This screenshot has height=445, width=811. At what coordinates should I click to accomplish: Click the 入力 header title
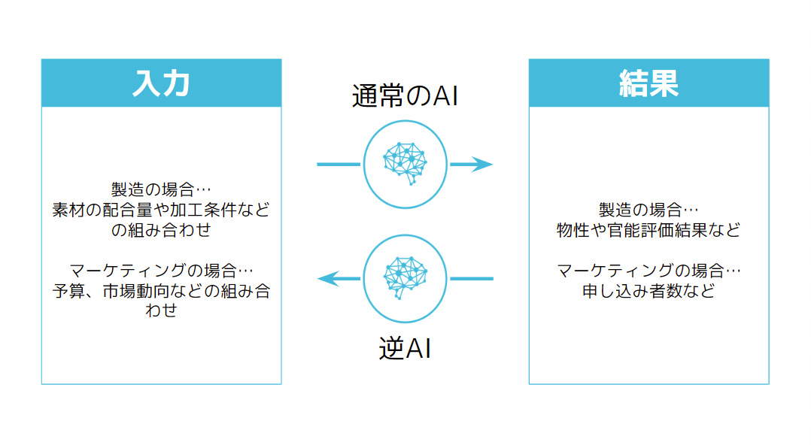161,83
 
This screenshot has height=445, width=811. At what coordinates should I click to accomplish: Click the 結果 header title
648,83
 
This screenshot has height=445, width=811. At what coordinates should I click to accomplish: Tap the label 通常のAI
405,97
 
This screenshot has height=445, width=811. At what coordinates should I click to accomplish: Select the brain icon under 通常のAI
405,164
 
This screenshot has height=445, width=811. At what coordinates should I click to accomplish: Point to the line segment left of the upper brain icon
339,164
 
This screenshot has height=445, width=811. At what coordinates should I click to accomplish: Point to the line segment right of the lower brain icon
472,279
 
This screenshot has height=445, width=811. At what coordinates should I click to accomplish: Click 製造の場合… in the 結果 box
648,210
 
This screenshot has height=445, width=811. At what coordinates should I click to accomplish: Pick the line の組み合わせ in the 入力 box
161,230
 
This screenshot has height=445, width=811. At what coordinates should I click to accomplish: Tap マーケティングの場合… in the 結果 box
648,270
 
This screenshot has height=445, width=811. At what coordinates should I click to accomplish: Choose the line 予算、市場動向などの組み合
161,291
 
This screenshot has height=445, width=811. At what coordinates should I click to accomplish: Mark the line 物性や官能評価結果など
648,230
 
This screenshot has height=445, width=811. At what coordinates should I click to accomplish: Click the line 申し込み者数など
648,290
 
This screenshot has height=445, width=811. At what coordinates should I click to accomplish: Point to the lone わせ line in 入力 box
161,310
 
